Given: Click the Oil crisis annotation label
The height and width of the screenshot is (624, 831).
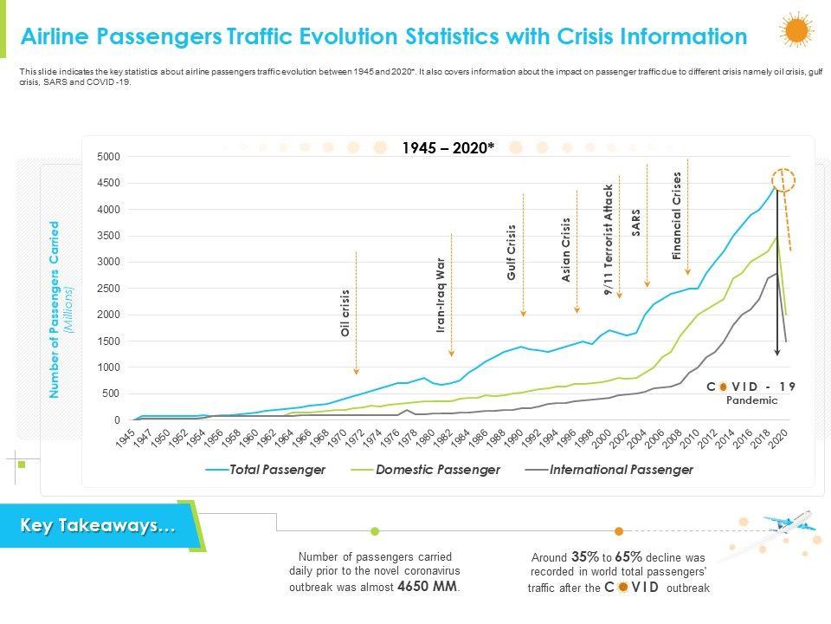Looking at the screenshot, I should coord(345,313).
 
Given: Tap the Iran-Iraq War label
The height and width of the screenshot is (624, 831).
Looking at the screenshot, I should coord(440,295).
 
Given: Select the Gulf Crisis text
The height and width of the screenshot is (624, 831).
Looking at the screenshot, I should coord(512,252).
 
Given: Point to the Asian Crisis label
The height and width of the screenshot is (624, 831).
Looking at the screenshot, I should coord(566,250).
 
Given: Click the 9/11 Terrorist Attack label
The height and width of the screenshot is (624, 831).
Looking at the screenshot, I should coord(609,241).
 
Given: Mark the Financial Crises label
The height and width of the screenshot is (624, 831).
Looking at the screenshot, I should coord(677,216).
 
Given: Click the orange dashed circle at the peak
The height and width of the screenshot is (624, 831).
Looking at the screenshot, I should coord(783,182).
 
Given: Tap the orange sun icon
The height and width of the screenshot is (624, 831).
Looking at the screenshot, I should coord(796,31).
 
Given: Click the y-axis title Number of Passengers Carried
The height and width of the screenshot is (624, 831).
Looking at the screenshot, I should coord(55,309).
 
